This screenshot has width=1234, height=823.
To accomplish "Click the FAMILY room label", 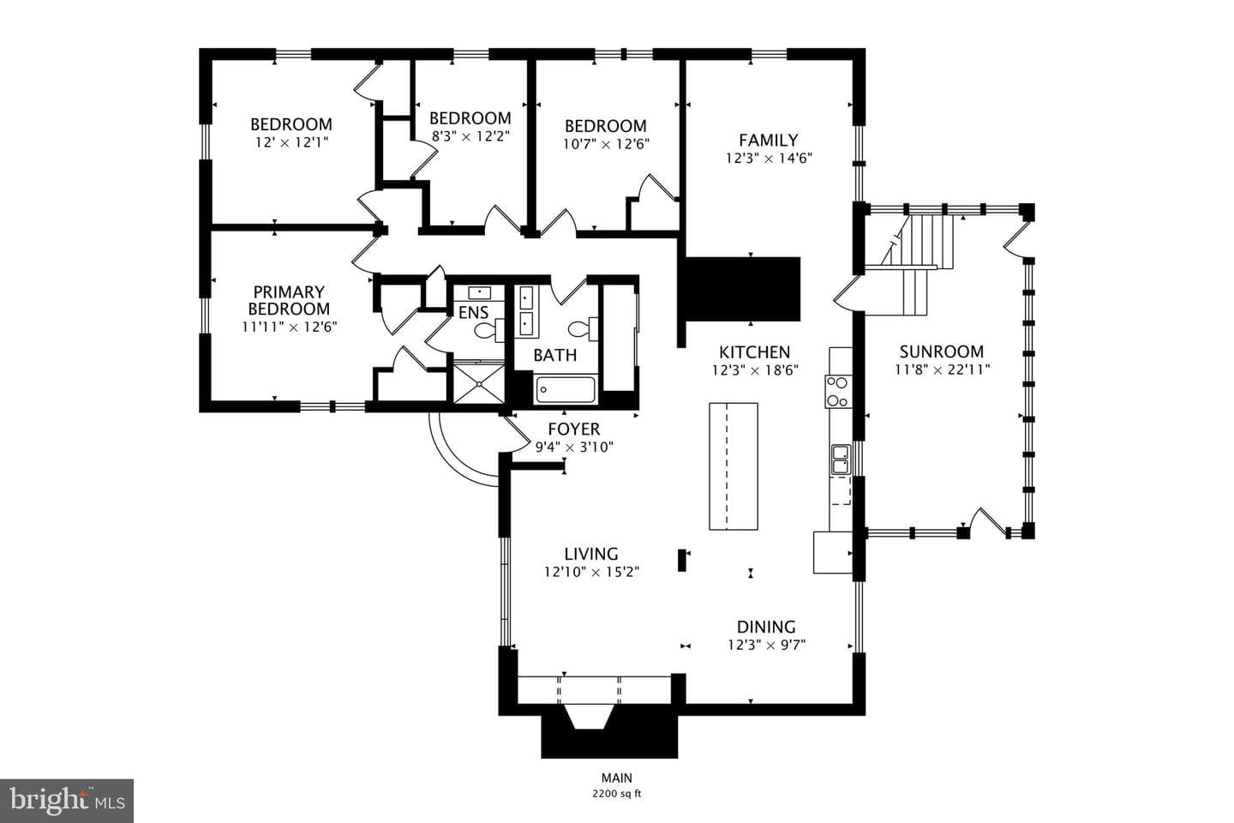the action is (769, 140).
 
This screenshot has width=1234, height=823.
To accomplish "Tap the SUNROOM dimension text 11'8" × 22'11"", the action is (942, 369).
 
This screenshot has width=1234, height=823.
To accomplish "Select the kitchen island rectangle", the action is (734, 466).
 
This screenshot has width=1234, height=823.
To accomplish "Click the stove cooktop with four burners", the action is (838, 392).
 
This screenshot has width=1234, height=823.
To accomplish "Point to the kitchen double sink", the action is (841, 460).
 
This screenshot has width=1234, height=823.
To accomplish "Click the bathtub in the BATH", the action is (565, 390).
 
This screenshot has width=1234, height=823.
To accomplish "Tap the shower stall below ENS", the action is (478, 382).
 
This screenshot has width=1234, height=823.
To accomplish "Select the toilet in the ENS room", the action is (489, 330).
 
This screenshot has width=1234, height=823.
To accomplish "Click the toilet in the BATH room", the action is (583, 329).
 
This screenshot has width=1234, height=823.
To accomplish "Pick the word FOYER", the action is (573, 429).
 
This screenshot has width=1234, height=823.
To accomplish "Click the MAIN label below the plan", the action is (616, 778).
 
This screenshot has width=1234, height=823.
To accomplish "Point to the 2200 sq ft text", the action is (616, 794).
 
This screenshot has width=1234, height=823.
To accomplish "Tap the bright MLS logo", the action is (67, 801).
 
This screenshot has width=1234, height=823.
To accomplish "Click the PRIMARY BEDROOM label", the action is (289, 300).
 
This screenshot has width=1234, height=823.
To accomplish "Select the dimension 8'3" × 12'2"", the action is (470, 136).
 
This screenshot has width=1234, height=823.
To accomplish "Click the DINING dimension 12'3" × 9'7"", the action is (766, 645).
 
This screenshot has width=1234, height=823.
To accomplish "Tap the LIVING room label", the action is (591, 554).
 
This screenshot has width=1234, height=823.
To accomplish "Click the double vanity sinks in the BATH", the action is (526, 312).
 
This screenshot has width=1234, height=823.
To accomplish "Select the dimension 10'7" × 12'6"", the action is (606, 144).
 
